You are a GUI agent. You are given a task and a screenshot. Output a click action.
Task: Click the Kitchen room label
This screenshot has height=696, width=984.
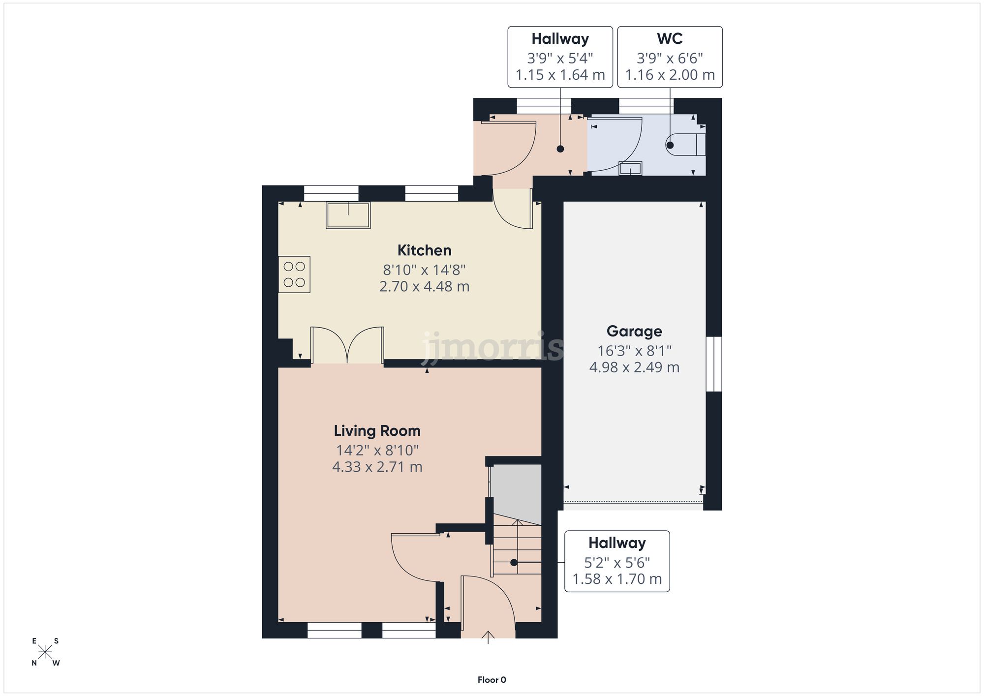[424, 250]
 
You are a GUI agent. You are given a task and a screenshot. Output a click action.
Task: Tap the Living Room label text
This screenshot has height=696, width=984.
[377, 431]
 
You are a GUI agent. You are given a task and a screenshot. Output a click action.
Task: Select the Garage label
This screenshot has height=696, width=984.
[634, 331]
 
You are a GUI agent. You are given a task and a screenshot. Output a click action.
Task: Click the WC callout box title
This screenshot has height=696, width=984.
[670, 39]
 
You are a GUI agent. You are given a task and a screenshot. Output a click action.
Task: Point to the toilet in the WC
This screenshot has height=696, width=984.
[687, 145]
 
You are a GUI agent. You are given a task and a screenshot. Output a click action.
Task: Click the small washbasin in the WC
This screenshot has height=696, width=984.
[630, 169]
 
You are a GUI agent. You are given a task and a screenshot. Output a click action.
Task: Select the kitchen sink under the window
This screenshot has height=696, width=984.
[348, 215]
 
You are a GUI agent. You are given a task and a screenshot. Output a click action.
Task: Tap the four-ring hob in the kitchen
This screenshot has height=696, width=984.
[294, 274]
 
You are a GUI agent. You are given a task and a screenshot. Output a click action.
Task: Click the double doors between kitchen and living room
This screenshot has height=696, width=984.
[347, 345]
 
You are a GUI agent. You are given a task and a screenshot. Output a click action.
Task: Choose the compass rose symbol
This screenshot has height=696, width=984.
[45, 652]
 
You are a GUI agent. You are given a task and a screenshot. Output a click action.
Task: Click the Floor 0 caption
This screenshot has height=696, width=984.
[492, 680]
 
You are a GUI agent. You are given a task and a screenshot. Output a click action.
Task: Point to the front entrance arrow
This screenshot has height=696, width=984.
[488, 637]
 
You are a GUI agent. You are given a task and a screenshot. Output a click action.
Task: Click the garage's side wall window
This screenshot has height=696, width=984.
[713, 364]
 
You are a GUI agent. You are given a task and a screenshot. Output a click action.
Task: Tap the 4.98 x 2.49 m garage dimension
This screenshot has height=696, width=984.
[634, 367]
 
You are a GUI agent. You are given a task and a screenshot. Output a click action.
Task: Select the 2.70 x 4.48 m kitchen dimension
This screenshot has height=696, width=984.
[424, 286]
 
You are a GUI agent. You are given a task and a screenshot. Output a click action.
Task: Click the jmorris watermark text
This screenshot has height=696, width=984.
[492, 347]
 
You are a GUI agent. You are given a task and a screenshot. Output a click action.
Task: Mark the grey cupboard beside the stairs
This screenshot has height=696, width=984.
[517, 492]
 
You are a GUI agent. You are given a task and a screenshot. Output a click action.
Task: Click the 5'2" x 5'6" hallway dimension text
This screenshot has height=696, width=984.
[616, 562]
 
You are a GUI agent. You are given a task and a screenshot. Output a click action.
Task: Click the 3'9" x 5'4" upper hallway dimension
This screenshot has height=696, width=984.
[560, 59]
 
